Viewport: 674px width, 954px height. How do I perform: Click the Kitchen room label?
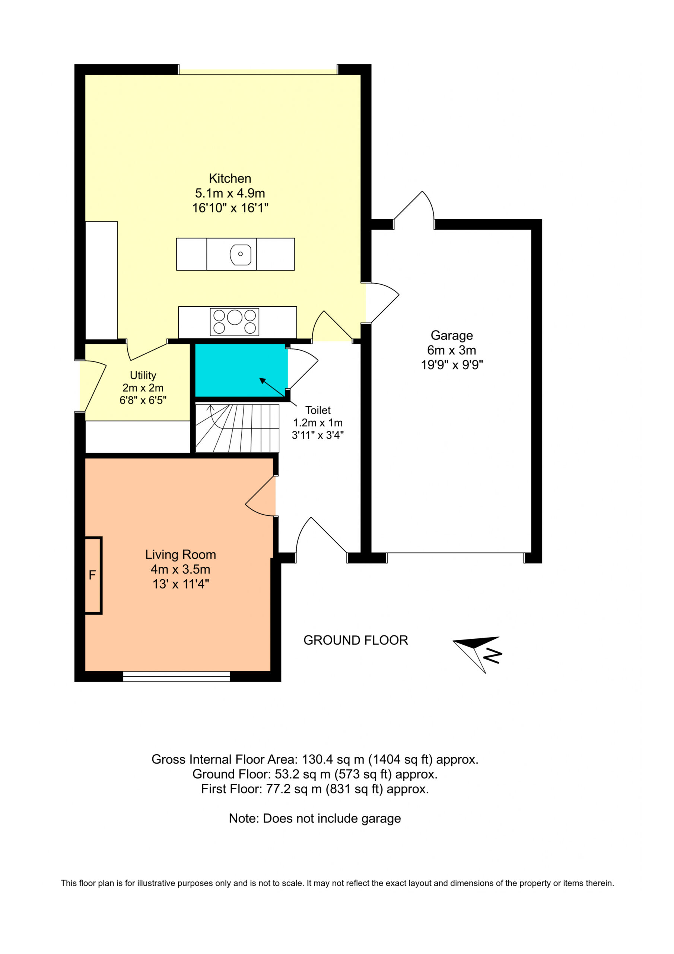click(230, 178)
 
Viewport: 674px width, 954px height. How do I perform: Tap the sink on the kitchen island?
click(241, 255)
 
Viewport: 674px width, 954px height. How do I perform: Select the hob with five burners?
click(234, 322)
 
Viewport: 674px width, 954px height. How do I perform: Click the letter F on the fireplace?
click(92, 575)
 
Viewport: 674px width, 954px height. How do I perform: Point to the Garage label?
click(451, 335)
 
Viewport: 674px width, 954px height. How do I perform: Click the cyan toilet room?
click(241, 370)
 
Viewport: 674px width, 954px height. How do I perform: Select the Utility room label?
click(143, 375)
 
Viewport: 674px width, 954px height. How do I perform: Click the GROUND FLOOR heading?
click(356, 640)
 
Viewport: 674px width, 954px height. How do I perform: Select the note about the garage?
click(315, 819)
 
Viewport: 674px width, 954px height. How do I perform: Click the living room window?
click(177, 676)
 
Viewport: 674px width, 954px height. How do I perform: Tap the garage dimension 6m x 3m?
click(451, 350)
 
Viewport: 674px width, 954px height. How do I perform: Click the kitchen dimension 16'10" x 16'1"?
click(230, 208)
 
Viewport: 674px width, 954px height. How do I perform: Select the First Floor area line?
click(315, 789)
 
